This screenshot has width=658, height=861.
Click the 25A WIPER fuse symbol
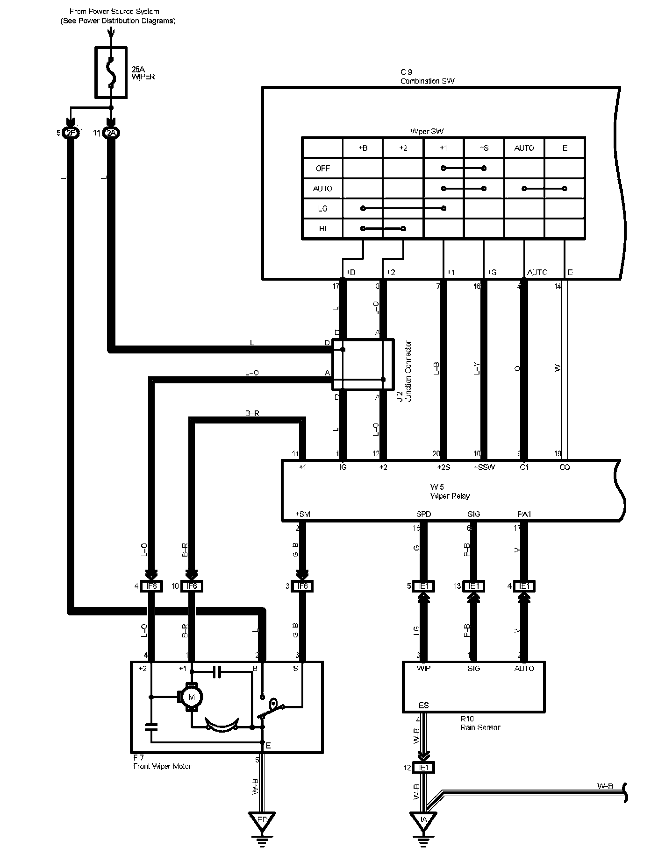[111, 72]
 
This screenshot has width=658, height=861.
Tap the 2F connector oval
[71, 134]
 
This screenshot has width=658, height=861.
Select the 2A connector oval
[111, 134]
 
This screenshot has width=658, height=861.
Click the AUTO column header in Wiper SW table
[524, 148]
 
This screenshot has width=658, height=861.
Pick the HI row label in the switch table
[322, 229]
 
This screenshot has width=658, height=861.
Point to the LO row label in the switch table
[322, 209]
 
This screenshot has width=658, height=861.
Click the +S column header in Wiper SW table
[484, 148]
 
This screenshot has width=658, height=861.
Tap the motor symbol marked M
[190, 697]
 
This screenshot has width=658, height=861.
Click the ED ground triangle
[262, 820]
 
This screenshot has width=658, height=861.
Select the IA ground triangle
[423, 820]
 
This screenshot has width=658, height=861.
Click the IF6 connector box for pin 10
[192, 586]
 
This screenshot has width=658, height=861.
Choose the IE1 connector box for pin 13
[473, 586]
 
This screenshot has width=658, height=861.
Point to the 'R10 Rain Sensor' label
[480, 723]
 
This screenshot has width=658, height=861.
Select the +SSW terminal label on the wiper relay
[484, 467]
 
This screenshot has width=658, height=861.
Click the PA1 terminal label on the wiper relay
[524, 515]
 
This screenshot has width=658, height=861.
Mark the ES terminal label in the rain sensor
[423, 706]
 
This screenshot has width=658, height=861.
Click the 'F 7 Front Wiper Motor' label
[162, 762]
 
